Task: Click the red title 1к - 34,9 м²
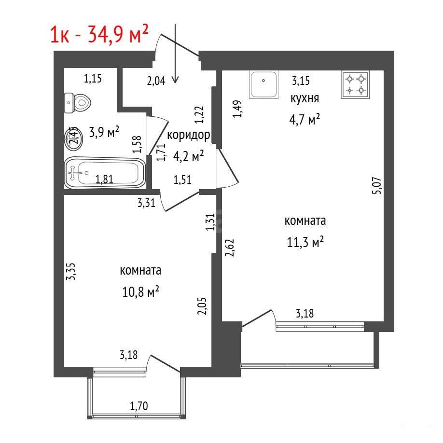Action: pyautogui.click(x=99, y=34)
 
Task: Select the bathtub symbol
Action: pyautogui.click(x=105, y=173)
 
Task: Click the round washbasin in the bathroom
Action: pyautogui.click(x=74, y=138)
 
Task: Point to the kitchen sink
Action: pyautogui.click(x=263, y=84)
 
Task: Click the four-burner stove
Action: pyautogui.click(x=355, y=84)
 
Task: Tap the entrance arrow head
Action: pyautogui.click(x=175, y=80)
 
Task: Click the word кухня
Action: pyautogui.click(x=305, y=98)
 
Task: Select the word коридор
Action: pyautogui.click(x=189, y=135)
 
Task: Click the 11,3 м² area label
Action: pyautogui.click(x=305, y=242)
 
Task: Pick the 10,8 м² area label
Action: pyautogui.click(x=140, y=291)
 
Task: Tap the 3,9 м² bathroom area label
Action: pyautogui.click(x=104, y=132)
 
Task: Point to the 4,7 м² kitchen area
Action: pyautogui.click(x=305, y=120)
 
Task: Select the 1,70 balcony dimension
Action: pyautogui.click(x=138, y=406)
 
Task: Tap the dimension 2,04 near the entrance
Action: pyautogui.click(x=156, y=81)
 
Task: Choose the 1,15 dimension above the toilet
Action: pyautogui.click(x=93, y=78)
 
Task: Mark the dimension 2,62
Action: pyautogui.click(x=230, y=248)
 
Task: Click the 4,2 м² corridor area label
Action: pyautogui.click(x=189, y=156)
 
